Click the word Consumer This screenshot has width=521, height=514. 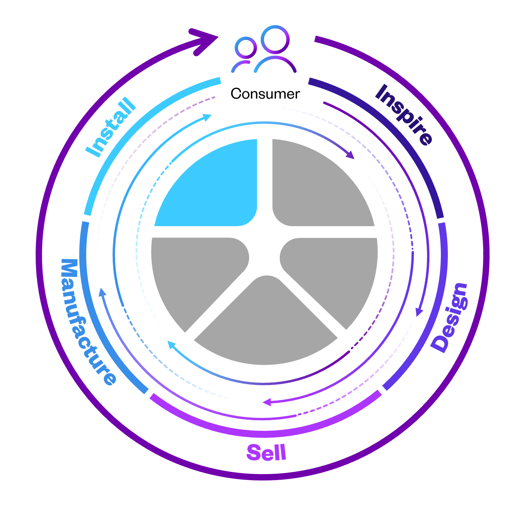coord(265,94)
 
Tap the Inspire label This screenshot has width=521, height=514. coord(404,115)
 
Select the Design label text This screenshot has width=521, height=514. coord(449,317)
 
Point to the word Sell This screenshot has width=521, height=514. coord(266,453)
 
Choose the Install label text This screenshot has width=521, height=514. coord(110,127)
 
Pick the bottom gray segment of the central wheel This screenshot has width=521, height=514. coord(266,327)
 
